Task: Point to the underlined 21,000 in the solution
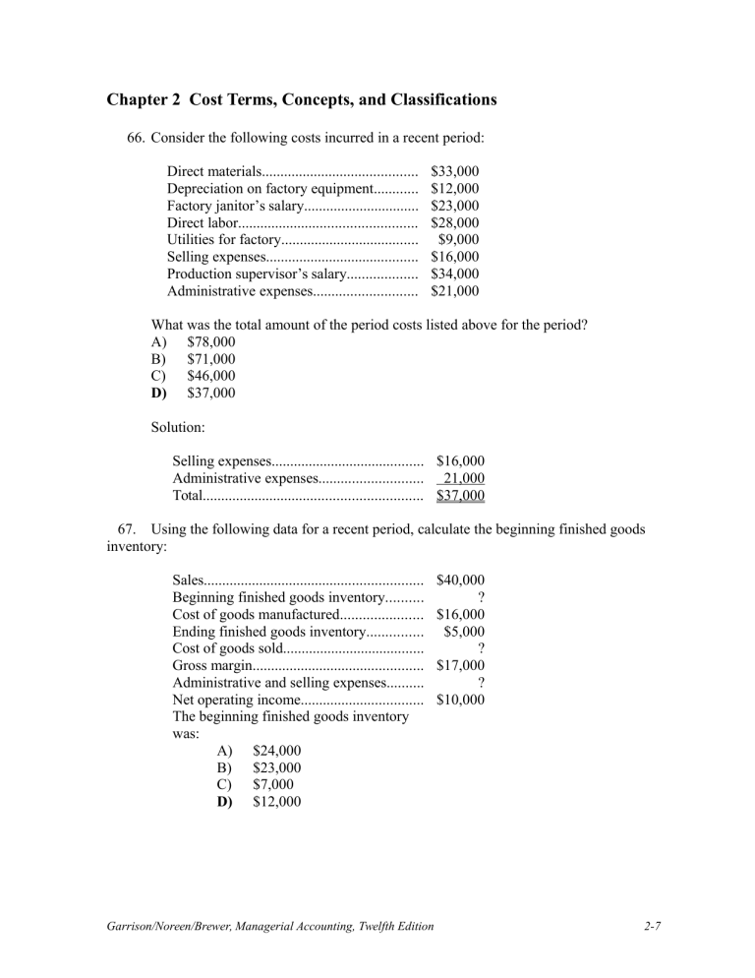click(461, 478)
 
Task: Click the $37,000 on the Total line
click(460, 495)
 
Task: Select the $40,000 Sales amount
click(460, 581)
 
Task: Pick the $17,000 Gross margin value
click(460, 665)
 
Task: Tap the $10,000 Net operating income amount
click(460, 700)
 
